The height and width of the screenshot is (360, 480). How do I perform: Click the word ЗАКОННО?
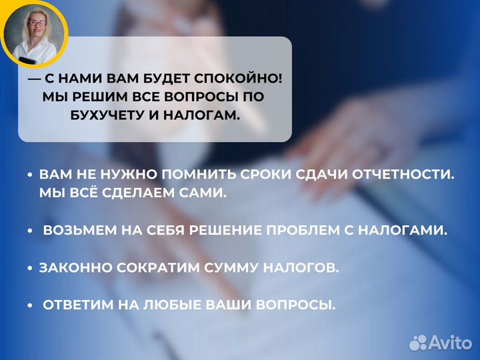pos(75,268)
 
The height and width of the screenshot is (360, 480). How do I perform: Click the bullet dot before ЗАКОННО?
pos(30,268)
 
